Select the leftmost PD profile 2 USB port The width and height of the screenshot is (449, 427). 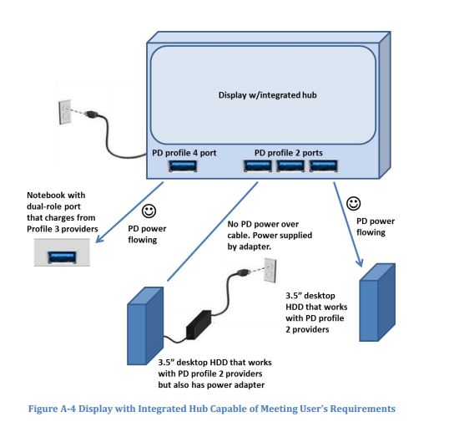[256, 166]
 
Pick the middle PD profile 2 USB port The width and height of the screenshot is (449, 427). [289, 166]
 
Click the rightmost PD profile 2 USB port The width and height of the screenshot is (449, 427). [321, 166]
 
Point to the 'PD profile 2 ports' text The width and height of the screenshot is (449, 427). [289, 153]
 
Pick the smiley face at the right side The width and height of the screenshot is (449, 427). [353, 203]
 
